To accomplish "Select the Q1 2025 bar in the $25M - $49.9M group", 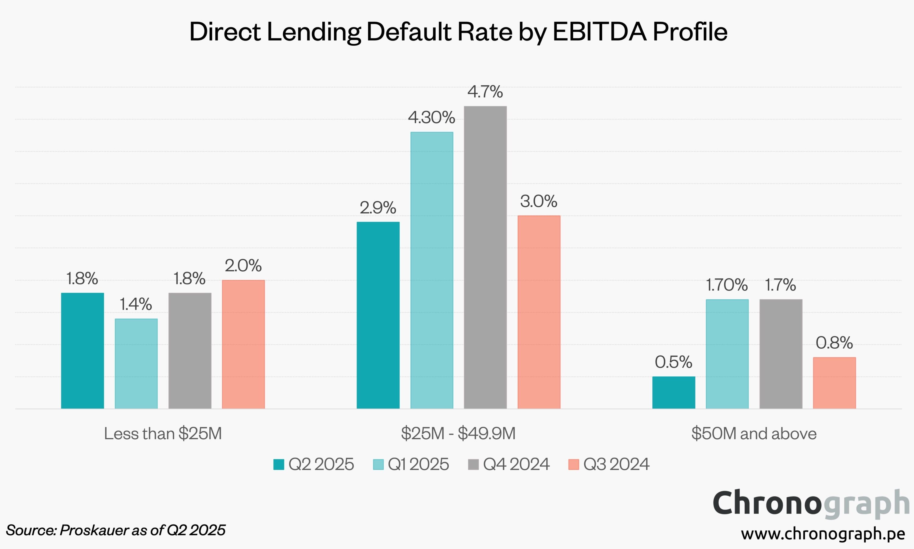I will click(x=431, y=270).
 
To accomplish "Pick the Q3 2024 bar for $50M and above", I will click(x=834, y=383).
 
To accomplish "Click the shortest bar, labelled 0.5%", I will click(x=673, y=393).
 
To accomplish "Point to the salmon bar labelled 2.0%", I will click(x=243, y=344).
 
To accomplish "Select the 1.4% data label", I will click(x=136, y=304).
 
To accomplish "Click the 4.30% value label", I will click(x=431, y=118).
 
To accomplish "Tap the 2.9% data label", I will click(x=378, y=208).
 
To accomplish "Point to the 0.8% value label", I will click(x=834, y=343).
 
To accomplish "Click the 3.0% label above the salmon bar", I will click(x=539, y=201).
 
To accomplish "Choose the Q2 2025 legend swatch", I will click(x=279, y=464).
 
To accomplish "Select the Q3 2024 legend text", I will click(x=616, y=464).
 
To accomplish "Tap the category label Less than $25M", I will click(x=163, y=433).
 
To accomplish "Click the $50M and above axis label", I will click(x=754, y=433).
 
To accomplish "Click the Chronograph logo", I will click(x=810, y=504).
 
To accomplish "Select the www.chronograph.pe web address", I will click(x=823, y=533).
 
